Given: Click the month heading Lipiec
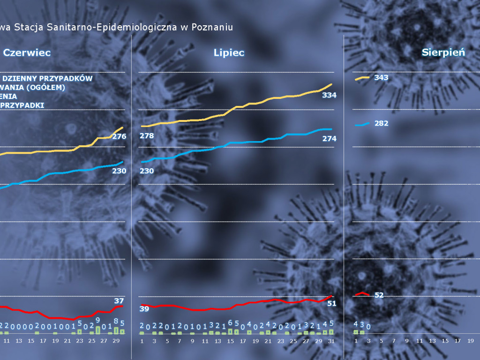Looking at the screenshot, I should coord(229,53).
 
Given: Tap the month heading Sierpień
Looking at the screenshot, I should coord(443,52).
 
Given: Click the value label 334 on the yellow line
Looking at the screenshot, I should coord(330,95).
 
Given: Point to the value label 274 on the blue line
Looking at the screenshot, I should coord(330,138).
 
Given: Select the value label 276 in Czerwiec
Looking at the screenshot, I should coord(119,136).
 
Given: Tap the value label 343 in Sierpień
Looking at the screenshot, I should coord(381,77).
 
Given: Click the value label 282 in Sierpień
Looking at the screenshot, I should coord(381,123).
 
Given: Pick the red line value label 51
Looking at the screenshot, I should coord(332,303).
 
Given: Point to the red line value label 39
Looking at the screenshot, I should coord(144,308).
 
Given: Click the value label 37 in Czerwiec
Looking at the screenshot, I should coord(119,300).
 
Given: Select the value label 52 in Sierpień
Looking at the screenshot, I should coord(379,295).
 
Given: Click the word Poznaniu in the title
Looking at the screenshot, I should coord(212,27).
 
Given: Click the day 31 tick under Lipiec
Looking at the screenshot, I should coord(331,341).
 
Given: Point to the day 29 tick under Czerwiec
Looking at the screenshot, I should coord(116,341).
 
